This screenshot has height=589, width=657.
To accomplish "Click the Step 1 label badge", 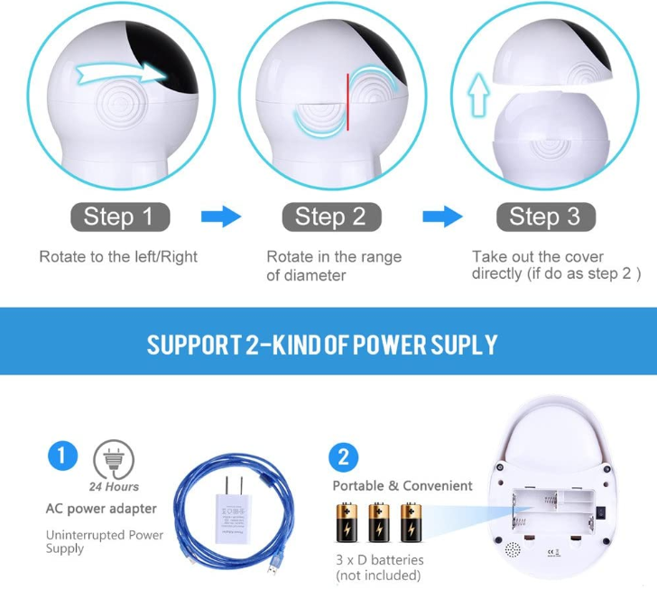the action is (x=120, y=217).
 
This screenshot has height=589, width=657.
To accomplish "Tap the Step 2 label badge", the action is (x=331, y=217).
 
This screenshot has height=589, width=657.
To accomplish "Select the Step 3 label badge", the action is (x=545, y=217).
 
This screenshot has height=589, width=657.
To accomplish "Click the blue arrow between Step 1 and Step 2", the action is (x=221, y=216).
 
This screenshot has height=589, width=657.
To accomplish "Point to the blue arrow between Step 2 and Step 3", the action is (x=442, y=216).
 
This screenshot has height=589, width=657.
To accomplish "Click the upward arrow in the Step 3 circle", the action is (x=480, y=95).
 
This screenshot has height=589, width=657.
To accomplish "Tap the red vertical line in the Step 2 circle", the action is (x=347, y=102).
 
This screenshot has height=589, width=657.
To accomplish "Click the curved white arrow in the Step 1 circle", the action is (x=122, y=73).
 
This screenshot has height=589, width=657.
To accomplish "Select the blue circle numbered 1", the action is (x=63, y=456).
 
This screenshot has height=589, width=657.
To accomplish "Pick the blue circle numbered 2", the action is (x=344, y=457).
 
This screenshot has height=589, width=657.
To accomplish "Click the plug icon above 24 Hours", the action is (x=114, y=459).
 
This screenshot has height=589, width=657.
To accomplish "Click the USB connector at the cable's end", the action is (x=273, y=569).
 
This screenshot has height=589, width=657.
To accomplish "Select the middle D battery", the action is (x=379, y=523).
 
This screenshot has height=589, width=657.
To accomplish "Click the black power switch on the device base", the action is (x=601, y=512).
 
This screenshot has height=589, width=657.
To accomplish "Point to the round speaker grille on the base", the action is (x=513, y=550).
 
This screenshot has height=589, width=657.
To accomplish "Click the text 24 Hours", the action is (x=114, y=487).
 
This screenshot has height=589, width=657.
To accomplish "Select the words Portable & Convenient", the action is (x=403, y=486).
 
